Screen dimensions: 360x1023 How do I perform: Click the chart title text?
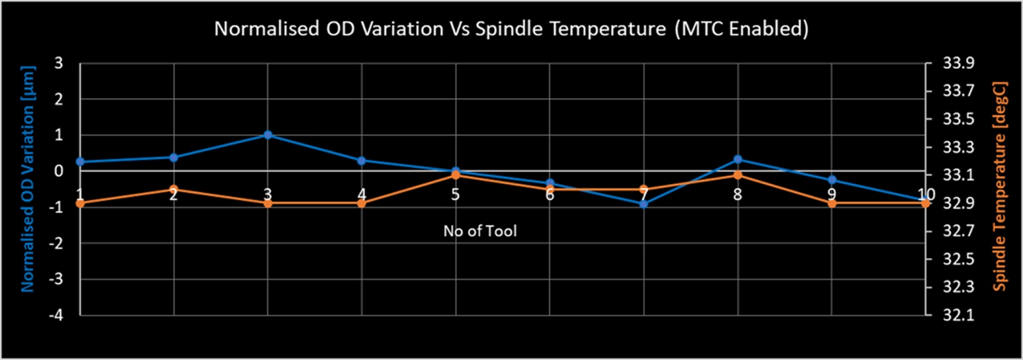coord(511,29)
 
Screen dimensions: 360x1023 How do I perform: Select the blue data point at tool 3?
coord(268,135)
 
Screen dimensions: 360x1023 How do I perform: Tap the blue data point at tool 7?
coord(643,204)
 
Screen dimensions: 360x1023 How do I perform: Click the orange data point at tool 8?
coord(738,175)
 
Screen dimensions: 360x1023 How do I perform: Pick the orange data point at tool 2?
coord(174,190)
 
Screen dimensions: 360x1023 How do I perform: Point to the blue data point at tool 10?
coord(926,201)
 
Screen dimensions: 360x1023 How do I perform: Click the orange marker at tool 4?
coord(362,203)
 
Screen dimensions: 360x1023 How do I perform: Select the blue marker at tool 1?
coord(80,162)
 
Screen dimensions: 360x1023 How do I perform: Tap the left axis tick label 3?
coord(58,63)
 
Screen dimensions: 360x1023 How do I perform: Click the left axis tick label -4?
coord(57,315)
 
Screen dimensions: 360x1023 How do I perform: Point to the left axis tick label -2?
coord(57,243)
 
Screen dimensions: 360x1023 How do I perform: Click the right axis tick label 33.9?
coord(958,63)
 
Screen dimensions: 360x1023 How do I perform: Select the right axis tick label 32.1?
coord(958,315)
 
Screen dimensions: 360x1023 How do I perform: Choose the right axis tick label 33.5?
coord(958,120)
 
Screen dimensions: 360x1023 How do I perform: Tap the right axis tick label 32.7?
coord(958,231)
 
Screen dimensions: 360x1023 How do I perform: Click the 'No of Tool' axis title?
coord(480,231)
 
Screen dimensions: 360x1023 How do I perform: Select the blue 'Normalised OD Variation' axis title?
coord(27,179)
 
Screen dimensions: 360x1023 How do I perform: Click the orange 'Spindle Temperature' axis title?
coord(1000,186)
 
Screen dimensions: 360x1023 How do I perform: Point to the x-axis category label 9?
coord(831,194)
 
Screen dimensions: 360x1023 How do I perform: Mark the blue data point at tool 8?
coord(738,159)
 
